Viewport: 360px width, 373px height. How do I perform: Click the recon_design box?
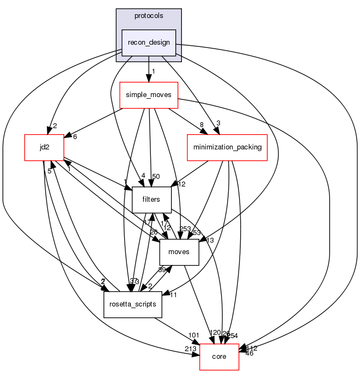point(149,43)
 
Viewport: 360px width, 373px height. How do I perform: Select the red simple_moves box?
point(148,95)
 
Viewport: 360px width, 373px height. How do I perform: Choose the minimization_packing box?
point(227,147)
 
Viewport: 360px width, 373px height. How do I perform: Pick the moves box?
point(179,252)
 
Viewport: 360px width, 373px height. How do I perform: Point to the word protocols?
point(149,16)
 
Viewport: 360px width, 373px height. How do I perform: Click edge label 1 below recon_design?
point(154,71)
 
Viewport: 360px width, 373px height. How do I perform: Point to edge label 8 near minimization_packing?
point(202,125)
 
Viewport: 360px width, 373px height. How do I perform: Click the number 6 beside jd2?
point(75,136)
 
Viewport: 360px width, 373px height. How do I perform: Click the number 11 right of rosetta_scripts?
point(174,295)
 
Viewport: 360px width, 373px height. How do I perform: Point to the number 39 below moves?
point(162,270)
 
